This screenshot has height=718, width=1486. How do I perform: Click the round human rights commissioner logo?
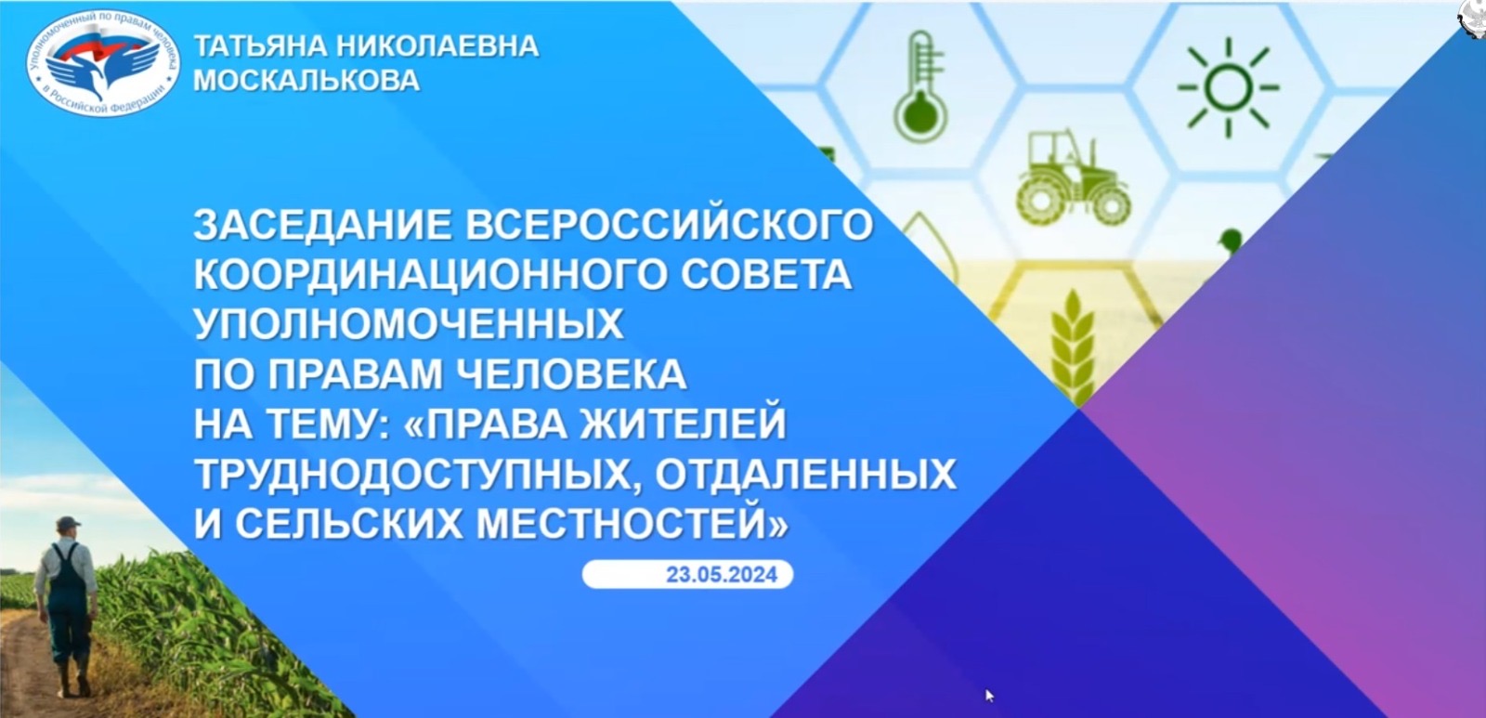(x=103, y=64)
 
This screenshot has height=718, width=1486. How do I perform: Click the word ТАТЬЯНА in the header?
(x=260, y=46)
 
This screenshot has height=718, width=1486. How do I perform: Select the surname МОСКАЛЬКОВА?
(x=306, y=80)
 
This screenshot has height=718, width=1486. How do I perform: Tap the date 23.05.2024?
(x=721, y=574)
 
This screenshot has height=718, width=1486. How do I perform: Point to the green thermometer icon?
(x=920, y=86)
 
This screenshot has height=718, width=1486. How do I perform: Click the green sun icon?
(x=1228, y=87)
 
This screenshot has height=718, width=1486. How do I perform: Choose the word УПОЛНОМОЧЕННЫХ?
(x=409, y=324)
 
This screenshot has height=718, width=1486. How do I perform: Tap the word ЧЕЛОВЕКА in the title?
(x=572, y=374)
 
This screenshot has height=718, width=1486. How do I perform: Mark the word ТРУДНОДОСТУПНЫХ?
(x=417, y=475)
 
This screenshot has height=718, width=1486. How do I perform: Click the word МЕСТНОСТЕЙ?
(x=632, y=524)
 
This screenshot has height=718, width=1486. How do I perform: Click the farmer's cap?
(x=68, y=524)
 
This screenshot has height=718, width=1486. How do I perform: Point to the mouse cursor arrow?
(x=990, y=696)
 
